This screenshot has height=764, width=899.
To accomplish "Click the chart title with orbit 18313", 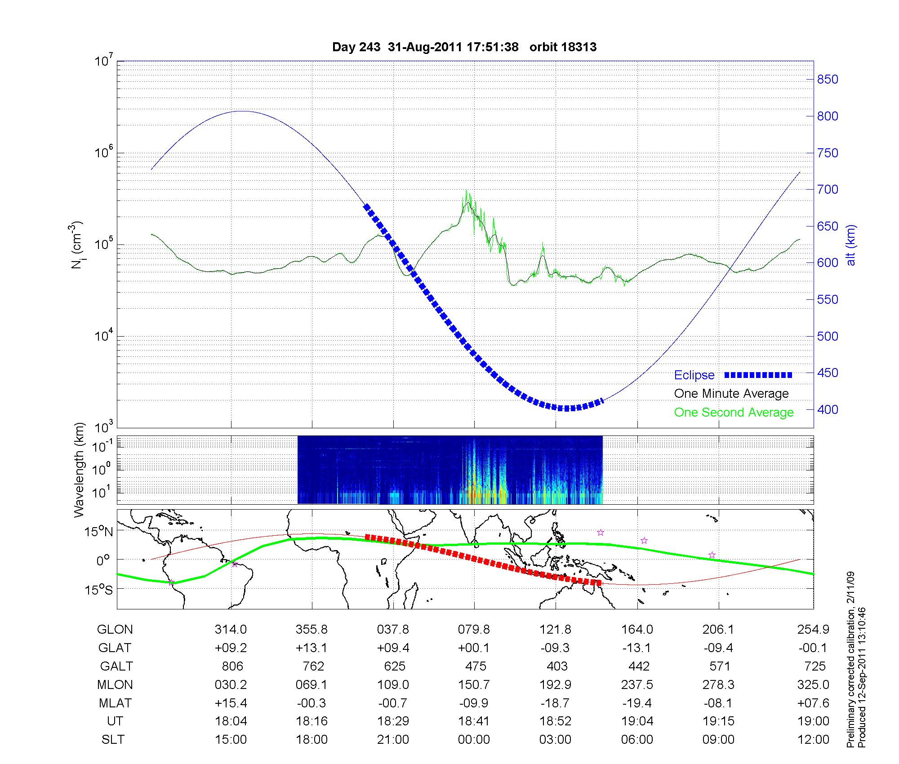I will pyautogui.click(x=464, y=47).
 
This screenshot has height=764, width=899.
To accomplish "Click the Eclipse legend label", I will pyautogui.click(x=694, y=375).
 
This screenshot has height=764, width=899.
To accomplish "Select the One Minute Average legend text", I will pyautogui.click(x=731, y=394).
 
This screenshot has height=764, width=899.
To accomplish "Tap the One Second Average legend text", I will pyautogui.click(x=734, y=413).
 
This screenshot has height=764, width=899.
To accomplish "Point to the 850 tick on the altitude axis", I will pyautogui.click(x=827, y=80).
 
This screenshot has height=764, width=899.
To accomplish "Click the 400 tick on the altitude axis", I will pyautogui.click(x=827, y=409).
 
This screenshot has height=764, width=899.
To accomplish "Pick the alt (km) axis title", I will pyautogui.click(x=851, y=245).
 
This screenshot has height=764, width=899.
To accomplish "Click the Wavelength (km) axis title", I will pyautogui.click(x=79, y=470).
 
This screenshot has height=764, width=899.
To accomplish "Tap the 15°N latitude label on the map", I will pyautogui.click(x=99, y=532).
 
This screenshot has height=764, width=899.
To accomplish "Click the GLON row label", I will pyautogui.click(x=115, y=630).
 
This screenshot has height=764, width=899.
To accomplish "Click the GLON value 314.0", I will pyautogui.click(x=231, y=630).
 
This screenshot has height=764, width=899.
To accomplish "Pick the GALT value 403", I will pyautogui.click(x=556, y=666).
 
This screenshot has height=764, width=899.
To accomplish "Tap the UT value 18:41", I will pyautogui.click(x=474, y=721).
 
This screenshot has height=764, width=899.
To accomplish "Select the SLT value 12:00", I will pyautogui.click(x=814, y=740).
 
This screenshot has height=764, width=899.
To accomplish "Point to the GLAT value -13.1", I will pyautogui.click(x=637, y=648).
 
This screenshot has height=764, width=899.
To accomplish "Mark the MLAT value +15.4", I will pyautogui.click(x=231, y=703).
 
